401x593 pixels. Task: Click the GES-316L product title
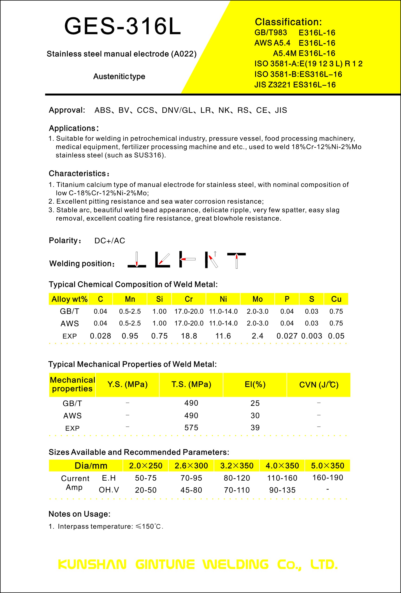pos(122,26)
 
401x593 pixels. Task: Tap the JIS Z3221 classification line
pos(295,85)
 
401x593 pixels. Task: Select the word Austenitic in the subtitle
pos(111,76)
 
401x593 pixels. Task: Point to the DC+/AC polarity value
pos(109,241)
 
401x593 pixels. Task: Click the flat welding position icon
pos(137,260)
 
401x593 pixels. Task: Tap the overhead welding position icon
pos(236,260)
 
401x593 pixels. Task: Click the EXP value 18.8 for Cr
pos(189,336)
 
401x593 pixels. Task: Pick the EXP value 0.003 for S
pos(311,336)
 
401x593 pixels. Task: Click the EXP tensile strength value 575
pos(191,428)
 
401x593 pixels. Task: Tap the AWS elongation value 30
pos(255,416)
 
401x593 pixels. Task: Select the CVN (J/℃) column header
pos(319,384)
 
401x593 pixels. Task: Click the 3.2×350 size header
pos(237,466)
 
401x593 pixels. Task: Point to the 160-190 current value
pos(328,478)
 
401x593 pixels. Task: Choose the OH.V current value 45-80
pos(191,490)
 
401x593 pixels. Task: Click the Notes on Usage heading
pos(79,514)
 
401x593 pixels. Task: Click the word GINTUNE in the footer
pos(165,565)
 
